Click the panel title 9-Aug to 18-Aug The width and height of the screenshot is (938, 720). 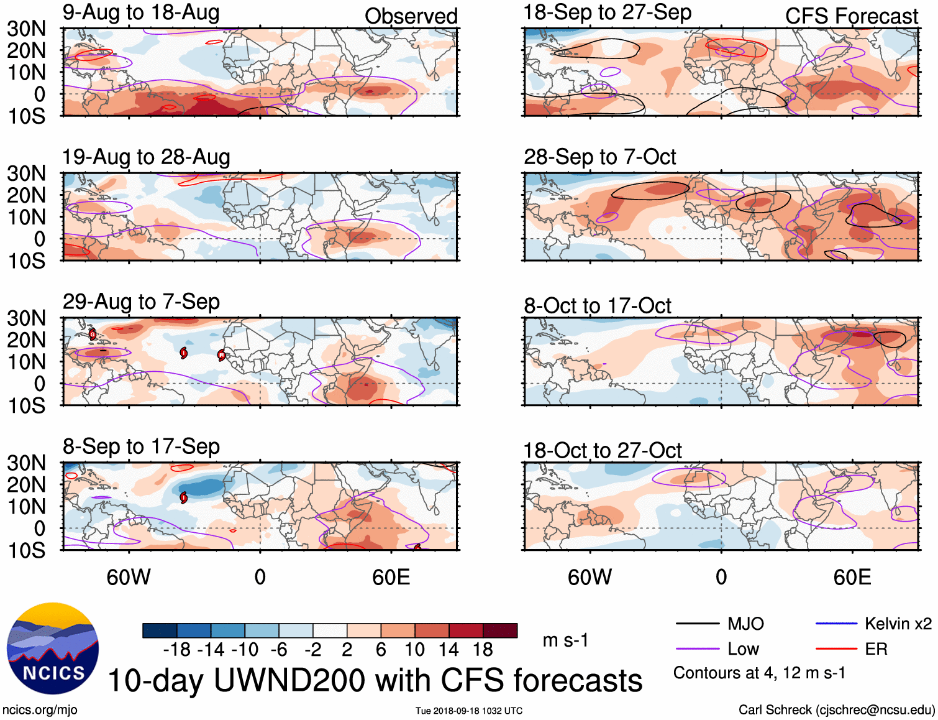[141, 12]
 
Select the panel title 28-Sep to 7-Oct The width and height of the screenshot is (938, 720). [599, 157]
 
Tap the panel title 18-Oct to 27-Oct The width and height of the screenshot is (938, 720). [602, 450]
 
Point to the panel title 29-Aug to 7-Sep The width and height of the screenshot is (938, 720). [141, 302]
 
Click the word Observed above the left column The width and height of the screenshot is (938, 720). [411, 16]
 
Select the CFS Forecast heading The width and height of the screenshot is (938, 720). [851, 16]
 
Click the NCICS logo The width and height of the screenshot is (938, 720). [53, 648]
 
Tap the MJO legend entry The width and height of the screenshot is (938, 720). [745, 624]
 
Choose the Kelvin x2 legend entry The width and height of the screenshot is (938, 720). [898, 624]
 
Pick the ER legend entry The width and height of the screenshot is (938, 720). [876, 649]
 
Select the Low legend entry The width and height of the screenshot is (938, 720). [743, 649]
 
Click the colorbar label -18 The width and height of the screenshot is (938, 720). [177, 650]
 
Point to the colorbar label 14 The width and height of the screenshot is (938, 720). [449, 650]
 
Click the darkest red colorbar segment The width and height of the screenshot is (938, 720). [500, 630]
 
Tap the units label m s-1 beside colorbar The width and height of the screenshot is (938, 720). [565, 640]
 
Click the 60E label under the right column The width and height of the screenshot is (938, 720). [852, 577]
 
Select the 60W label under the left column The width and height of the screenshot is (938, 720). [129, 577]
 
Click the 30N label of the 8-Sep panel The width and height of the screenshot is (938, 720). [27, 463]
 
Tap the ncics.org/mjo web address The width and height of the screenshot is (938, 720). [40, 709]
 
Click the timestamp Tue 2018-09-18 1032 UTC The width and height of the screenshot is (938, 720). [469, 711]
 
